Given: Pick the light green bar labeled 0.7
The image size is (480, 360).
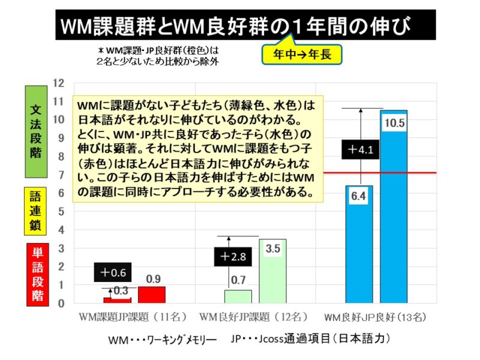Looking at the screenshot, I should coord(238,297).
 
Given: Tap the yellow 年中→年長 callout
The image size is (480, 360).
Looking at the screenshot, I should coord(302,55).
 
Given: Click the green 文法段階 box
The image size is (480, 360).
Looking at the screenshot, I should coord(36,133).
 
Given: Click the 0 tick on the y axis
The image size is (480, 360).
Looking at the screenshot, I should coord(60,304).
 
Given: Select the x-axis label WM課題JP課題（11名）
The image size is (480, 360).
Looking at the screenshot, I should coord(133,316).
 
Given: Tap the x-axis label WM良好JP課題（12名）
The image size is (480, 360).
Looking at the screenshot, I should coord(253,316).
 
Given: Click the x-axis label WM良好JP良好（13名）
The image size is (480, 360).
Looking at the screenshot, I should coord(379,316).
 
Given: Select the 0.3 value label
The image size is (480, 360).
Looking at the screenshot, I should coord(120,290).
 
